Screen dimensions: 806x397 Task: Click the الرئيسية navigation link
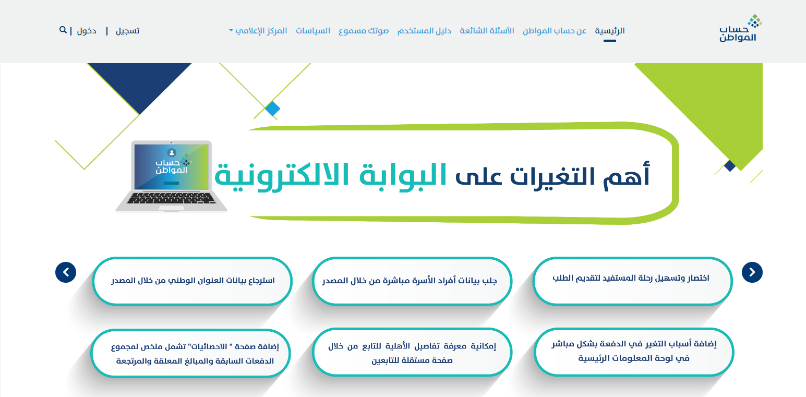pos(609,31)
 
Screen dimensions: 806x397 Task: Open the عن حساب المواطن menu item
pos(555,31)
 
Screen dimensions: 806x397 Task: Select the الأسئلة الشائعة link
pos(487,31)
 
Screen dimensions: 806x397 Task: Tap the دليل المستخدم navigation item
pos(424,31)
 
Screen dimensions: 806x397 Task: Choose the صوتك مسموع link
pos(364,31)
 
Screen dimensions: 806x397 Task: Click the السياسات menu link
pos(313,31)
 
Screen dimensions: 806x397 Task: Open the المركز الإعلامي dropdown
pos(258,31)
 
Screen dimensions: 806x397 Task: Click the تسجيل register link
pos(127,31)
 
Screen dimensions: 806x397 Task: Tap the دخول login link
pos(87,31)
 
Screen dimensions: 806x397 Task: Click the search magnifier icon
pos(63,30)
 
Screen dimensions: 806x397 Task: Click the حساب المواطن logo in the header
pos(740,28)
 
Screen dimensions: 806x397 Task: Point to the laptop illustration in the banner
pos(171,176)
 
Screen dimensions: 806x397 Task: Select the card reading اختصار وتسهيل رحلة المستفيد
pos(632,281)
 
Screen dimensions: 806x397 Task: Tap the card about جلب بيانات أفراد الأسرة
pos(412,281)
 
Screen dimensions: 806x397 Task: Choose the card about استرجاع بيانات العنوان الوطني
pos(192,281)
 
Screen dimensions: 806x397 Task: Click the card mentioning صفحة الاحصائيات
pos(191,353)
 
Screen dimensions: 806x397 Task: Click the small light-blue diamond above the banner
pos(272,109)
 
